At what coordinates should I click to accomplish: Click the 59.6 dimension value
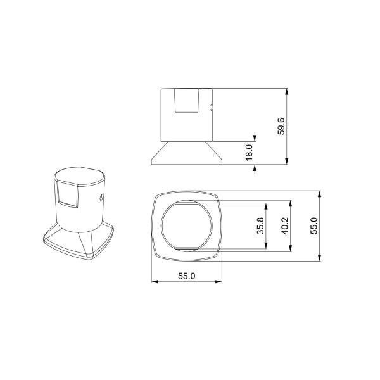point(281,127)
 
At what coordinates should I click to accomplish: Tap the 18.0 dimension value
point(248,152)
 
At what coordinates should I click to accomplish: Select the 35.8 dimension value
point(260,226)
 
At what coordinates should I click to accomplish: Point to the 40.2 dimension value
point(284,226)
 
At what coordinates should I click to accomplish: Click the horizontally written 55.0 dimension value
point(187,275)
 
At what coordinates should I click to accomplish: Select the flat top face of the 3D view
point(79,175)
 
